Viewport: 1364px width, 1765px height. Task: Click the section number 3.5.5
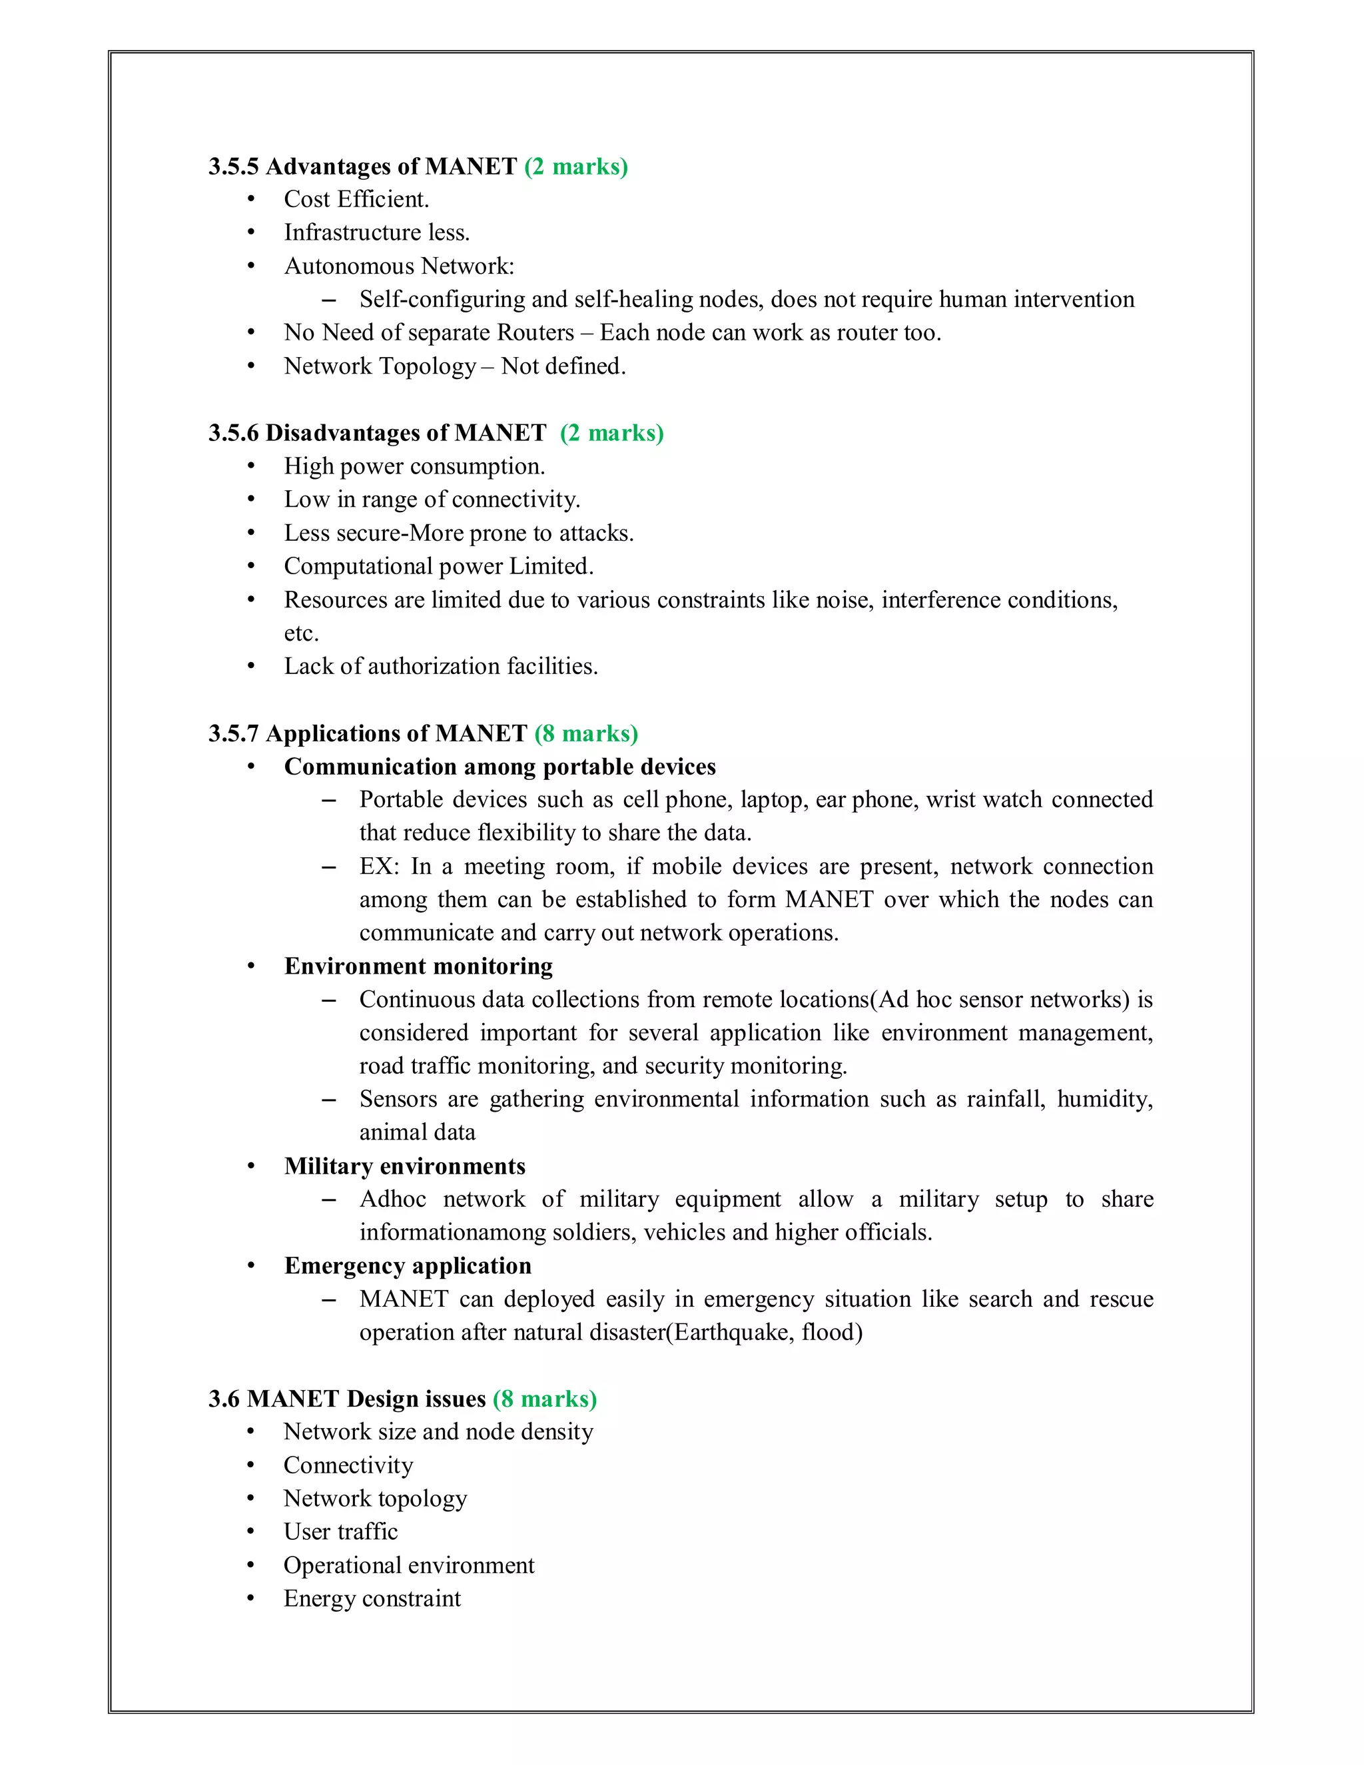232,167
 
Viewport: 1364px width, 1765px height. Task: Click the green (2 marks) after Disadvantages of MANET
611,433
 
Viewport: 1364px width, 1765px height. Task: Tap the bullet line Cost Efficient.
356,200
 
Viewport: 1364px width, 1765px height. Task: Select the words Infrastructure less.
376,232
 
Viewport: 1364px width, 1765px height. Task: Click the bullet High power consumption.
414,466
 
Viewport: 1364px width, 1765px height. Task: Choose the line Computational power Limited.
439,567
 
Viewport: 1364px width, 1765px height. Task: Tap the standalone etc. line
302,633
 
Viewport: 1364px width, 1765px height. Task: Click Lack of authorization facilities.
441,667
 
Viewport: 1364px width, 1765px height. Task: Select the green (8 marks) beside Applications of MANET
586,734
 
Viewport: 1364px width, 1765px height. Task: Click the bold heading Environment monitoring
418,966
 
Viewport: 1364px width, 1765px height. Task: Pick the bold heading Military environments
405,1166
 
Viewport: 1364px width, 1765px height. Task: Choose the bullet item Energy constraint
372,1598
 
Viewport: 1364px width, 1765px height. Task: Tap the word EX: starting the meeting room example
379,867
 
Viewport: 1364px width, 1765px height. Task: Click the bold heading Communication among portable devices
500,767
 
